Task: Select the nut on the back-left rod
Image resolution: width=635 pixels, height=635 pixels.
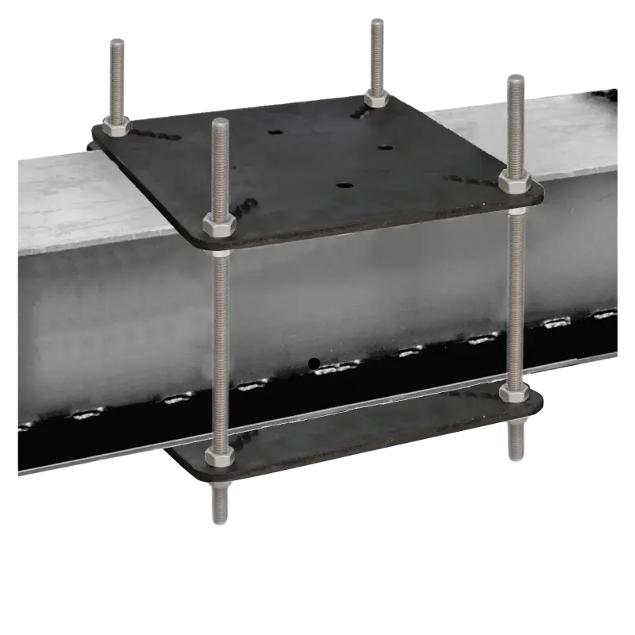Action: coord(117,127)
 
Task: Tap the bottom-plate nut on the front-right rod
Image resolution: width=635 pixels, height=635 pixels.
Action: coord(515,393)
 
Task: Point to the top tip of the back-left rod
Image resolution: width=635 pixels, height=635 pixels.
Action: coord(113,42)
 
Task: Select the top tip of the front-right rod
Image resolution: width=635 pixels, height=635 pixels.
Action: coord(516,77)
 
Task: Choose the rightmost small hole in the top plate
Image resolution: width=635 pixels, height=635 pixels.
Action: coord(386,148)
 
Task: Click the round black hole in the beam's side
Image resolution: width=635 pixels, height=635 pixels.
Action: coord(314,364)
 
